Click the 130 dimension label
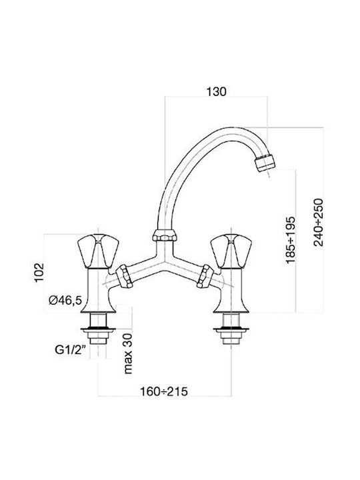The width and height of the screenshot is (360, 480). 216,91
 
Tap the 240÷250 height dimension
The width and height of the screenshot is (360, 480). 319,222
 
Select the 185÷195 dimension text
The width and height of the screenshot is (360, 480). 290,240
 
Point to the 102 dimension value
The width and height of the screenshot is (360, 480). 39,273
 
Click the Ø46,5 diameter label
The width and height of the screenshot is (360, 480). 65,300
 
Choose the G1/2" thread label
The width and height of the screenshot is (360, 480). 70,349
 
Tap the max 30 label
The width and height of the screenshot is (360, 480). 128,353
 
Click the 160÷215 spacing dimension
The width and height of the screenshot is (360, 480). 164,391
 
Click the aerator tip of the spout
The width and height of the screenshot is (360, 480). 265,163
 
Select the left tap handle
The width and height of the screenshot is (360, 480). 98,251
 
